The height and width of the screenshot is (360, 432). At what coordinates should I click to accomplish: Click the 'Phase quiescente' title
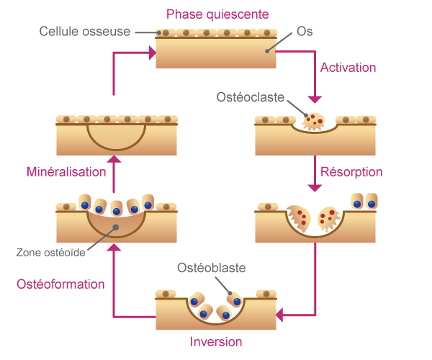pyautogui.click(x=217, y=14)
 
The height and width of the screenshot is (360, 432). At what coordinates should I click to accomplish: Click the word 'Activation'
pyautogui.click(x=348, y=68)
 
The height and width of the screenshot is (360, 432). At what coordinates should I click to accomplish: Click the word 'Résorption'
pyautogui.click(x=351, y=172)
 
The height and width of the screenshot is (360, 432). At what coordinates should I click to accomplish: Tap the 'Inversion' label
pyautogui.click(x=216, y=341)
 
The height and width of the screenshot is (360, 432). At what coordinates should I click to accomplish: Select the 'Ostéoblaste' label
pyautogui.click(x=212, y=269)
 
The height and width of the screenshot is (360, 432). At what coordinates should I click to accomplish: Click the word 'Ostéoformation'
pyautogui.click(x=61, y=284)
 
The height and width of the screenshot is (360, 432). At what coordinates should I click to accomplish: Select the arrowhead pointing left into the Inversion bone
pyautogui.click(x=282, y=314)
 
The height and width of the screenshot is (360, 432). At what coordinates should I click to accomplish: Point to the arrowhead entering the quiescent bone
pyautogui.click(x=150, y=52)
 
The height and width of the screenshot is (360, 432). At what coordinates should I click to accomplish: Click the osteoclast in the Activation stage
pyautogui.click(x=315, y=121)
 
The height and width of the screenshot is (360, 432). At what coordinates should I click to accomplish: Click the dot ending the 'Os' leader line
pyautogui.click(x=267, y=50)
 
